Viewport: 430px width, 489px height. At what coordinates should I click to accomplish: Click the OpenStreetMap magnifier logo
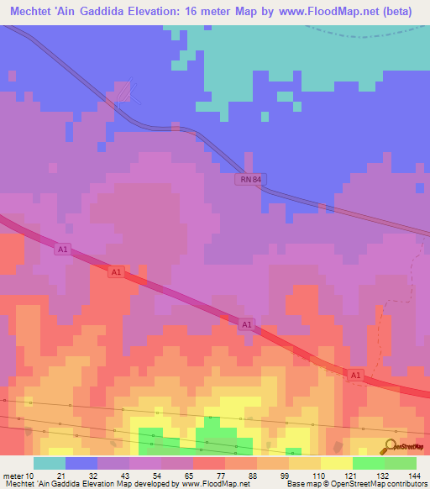pos(391,445)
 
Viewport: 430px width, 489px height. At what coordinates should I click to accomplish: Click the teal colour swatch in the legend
pos(50,463)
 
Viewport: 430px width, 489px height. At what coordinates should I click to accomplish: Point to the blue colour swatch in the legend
pos(81,463)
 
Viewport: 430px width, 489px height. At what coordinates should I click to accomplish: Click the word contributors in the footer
pos(401,484)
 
